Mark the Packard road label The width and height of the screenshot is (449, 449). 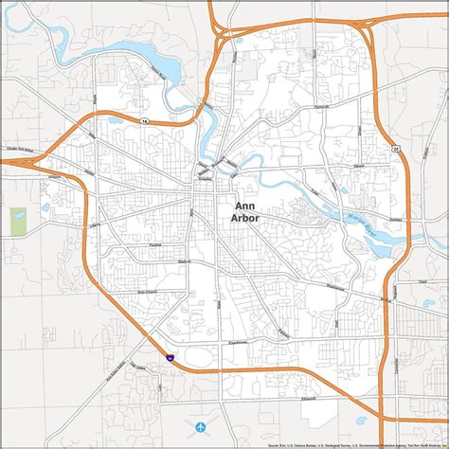tap(284, 332)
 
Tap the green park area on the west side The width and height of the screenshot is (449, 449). tap(18, 221)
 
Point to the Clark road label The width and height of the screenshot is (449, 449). tap(422, 281)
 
